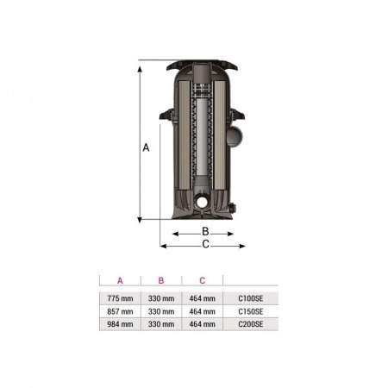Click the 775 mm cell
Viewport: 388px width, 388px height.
[x=120, y=298]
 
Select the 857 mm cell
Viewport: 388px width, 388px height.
[x=120, y=311]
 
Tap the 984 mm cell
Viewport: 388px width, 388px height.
[x=120, y=324]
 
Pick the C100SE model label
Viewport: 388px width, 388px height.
[x=251, y=298]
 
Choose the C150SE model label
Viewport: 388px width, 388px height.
[x=251, y=311]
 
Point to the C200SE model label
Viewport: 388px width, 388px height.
[x=251, y=324]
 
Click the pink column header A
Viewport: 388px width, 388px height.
[x=120, y=280]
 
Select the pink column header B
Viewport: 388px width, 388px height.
[x=161, y=280]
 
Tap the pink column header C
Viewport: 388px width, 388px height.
[x=203, y=280]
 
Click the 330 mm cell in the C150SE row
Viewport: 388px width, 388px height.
[x=161, y=311]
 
